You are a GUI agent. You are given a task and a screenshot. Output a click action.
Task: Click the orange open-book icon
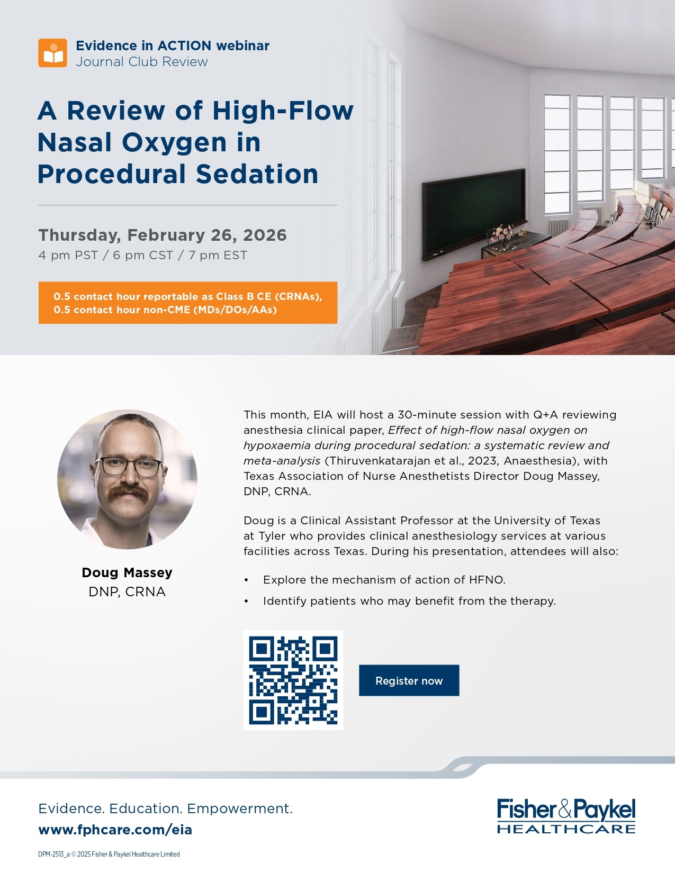coord(52,52)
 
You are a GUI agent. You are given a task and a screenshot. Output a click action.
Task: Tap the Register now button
coord(409,680)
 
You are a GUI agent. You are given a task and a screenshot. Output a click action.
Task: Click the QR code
coord(293,680)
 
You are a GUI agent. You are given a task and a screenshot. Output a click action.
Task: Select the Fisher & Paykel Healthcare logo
coord(566,815)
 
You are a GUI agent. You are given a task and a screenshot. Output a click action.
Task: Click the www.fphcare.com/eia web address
coord(115,830)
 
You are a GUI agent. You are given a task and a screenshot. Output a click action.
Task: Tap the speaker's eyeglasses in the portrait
coord(130,467)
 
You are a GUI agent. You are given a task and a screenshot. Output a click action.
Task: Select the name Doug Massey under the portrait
coord(127,572)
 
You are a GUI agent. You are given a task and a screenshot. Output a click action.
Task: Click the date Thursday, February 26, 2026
coord(163,235)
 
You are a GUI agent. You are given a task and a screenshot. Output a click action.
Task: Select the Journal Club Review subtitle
coord(141,62)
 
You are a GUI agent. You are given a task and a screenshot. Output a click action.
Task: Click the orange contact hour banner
coord(188,303)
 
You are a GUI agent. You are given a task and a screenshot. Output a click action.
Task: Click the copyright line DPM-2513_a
coord(109,854)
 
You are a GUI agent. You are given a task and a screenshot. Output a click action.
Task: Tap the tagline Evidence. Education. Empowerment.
coord(165,808)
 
